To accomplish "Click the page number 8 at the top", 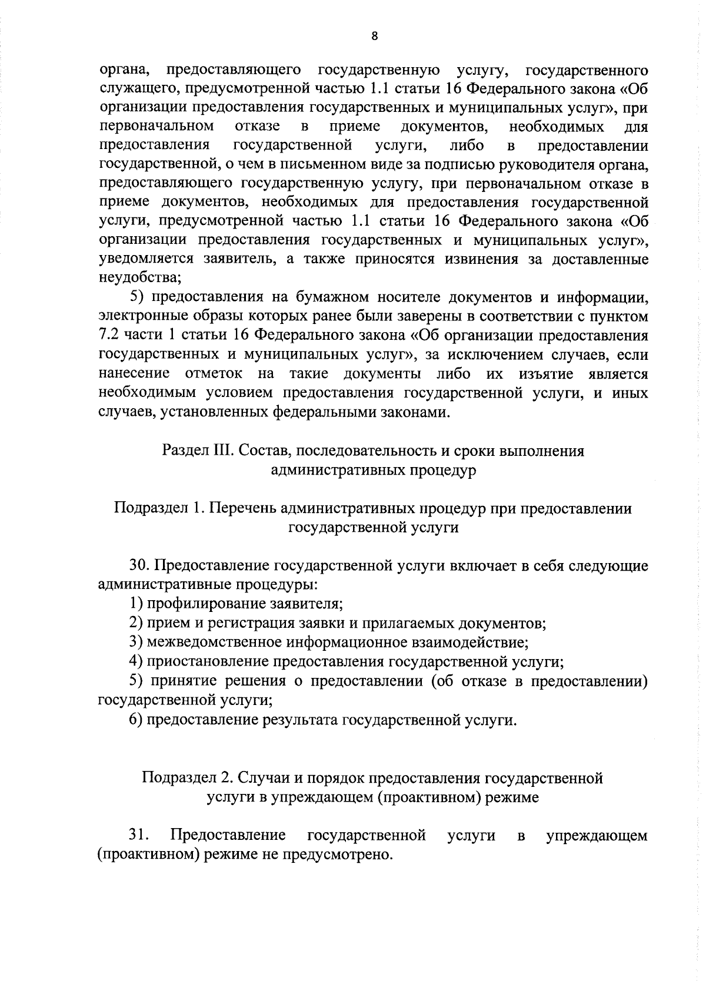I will point(375,37).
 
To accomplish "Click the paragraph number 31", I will point(139,835).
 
